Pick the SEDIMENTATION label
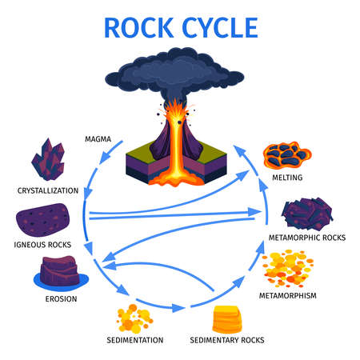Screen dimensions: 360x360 tap(134, 340)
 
